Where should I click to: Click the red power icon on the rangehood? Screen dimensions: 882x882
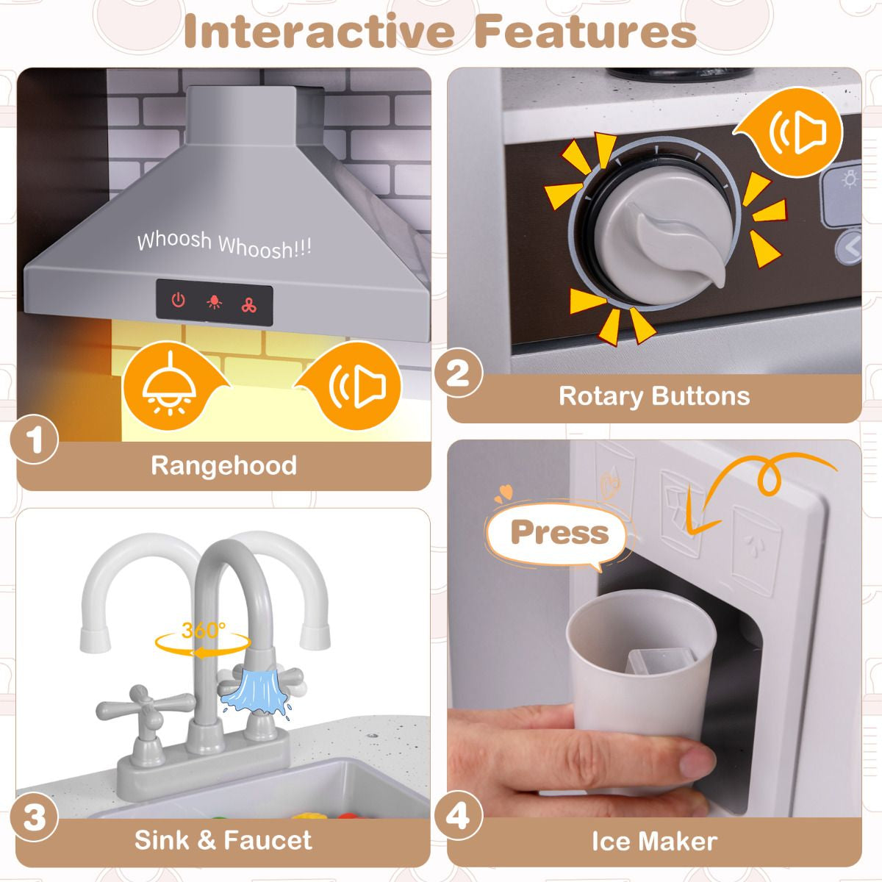click(178, 301)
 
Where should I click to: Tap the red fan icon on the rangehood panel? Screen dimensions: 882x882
click(249, 305)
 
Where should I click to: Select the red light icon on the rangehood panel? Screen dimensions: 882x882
click(214, 302)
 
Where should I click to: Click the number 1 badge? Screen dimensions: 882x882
click(35, 440)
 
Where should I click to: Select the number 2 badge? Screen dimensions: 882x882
click(458, 373)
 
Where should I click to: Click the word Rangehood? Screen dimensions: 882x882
click(224, 466)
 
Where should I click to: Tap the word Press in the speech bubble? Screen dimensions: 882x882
click(560, 532)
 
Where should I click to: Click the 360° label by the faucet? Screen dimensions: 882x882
click(203, 631)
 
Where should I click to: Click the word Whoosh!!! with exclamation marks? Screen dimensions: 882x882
click(265, 247)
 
